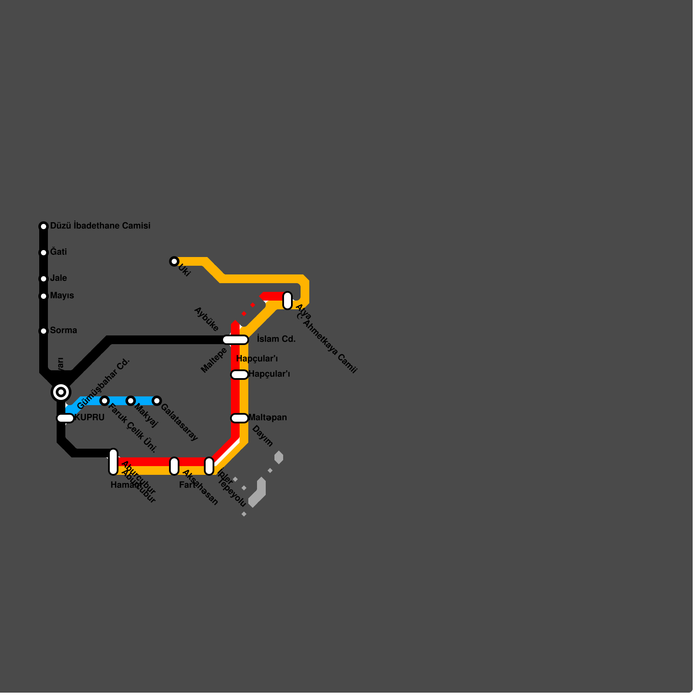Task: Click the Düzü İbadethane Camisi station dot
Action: pos(44,227)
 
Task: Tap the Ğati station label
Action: pos(58,252)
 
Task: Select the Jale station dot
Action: pos(44,279)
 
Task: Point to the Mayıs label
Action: pos(62,295)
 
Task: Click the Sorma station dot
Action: pos(44,331)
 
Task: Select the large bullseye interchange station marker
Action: pos(61,392)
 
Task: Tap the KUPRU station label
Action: pos(90,417)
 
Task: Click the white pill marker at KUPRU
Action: pos(65,418)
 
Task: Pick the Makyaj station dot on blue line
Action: pos(131,401)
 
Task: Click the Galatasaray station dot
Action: pos(157,401)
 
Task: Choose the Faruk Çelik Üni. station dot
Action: pos(105,401)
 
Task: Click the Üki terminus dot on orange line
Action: pos(174,261)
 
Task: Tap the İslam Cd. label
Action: pos(276,339)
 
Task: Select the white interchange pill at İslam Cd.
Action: pos(235,340)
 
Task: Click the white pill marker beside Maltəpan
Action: pos(240,418)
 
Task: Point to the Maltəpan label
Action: pos(267,417)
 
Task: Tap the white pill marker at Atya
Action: pos(288,301)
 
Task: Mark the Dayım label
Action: pos(262,436)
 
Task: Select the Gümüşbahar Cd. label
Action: pos(103,384)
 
